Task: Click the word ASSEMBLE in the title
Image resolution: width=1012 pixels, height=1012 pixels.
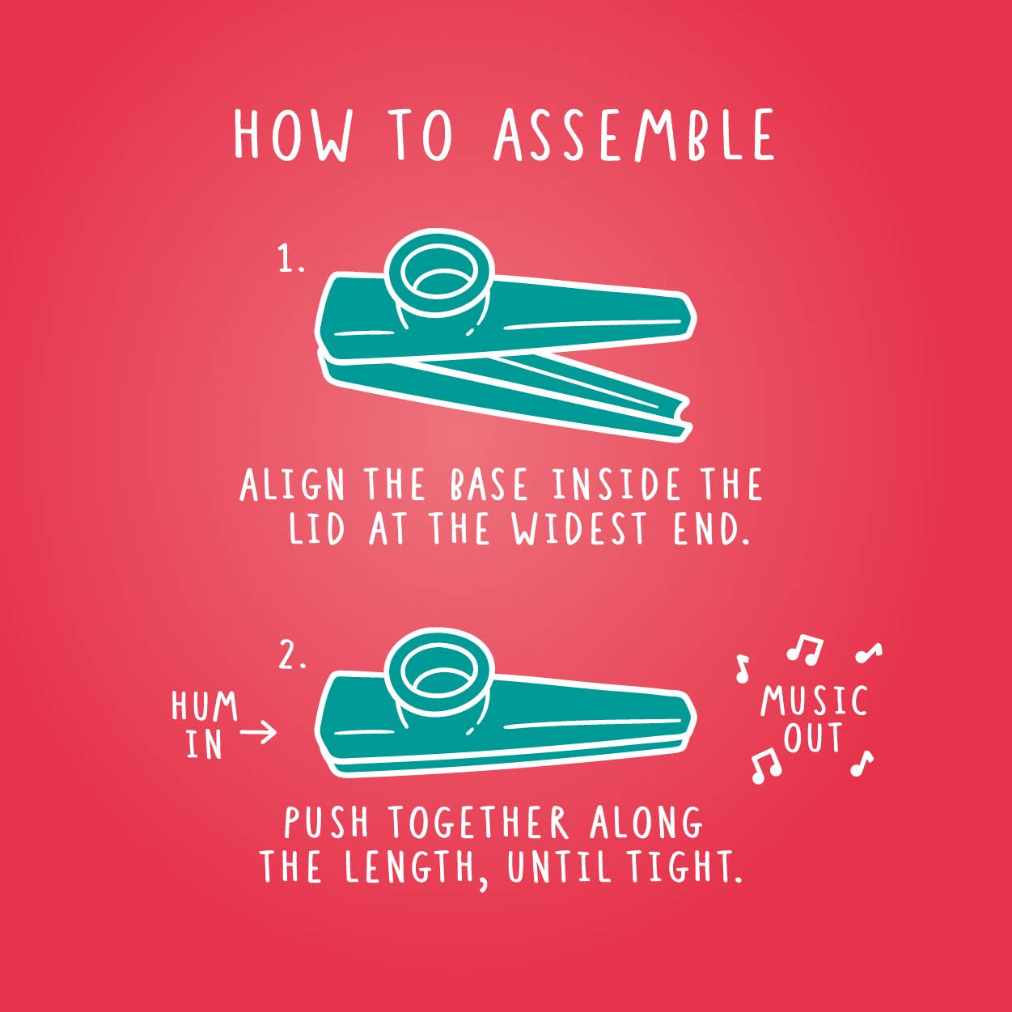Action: [x=634, y=135]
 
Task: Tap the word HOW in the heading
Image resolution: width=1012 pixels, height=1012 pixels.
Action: [x=292, y=135]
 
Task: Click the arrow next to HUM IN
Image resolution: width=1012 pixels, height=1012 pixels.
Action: [x=258, y=731]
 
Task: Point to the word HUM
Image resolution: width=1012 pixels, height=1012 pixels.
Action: [x=205, y=705]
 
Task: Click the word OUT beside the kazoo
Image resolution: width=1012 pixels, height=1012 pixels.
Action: [x=813, y=737]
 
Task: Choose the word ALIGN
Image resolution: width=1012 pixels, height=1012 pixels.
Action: [x=292, y=485]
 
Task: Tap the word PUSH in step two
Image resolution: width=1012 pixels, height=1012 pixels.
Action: [x=326, y=823]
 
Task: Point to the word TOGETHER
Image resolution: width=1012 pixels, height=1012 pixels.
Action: [x=478, y=823]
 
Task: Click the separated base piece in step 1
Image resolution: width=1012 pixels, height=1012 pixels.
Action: [x=504, y=394]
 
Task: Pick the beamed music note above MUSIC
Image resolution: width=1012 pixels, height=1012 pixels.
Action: [x=804, y=649]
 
